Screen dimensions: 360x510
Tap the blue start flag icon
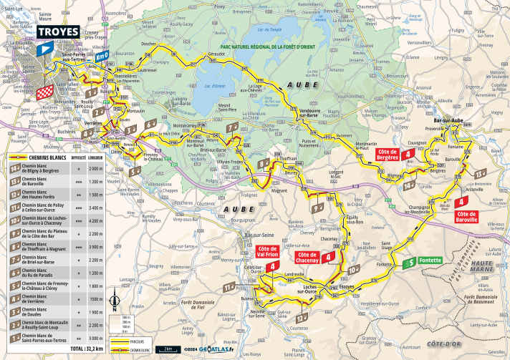click(44, 49)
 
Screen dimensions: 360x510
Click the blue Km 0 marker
click(102, 55)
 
